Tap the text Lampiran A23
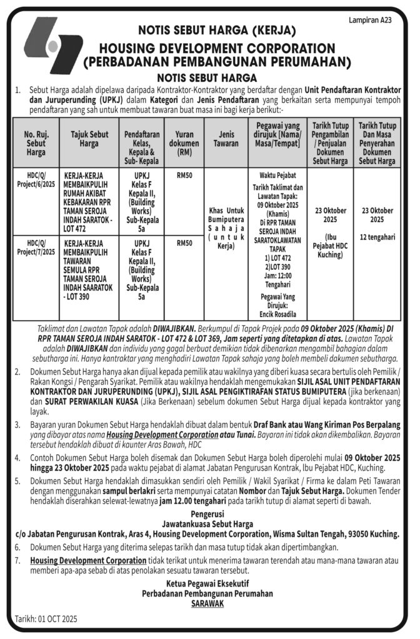coord(369,21)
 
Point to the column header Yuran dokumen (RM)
coord(184,143)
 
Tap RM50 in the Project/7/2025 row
coord(184,243)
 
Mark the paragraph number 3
coord(17,424)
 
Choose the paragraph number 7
coord(17,560)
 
